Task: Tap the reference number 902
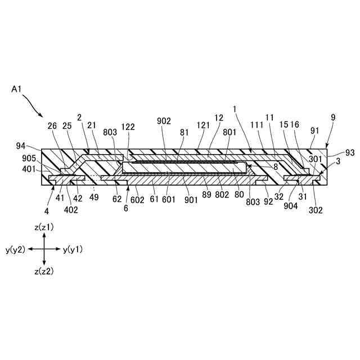coord(164,121)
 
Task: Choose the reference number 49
coord(94,198)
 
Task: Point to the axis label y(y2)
coord(15,249)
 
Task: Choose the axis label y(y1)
coord(73,249)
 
